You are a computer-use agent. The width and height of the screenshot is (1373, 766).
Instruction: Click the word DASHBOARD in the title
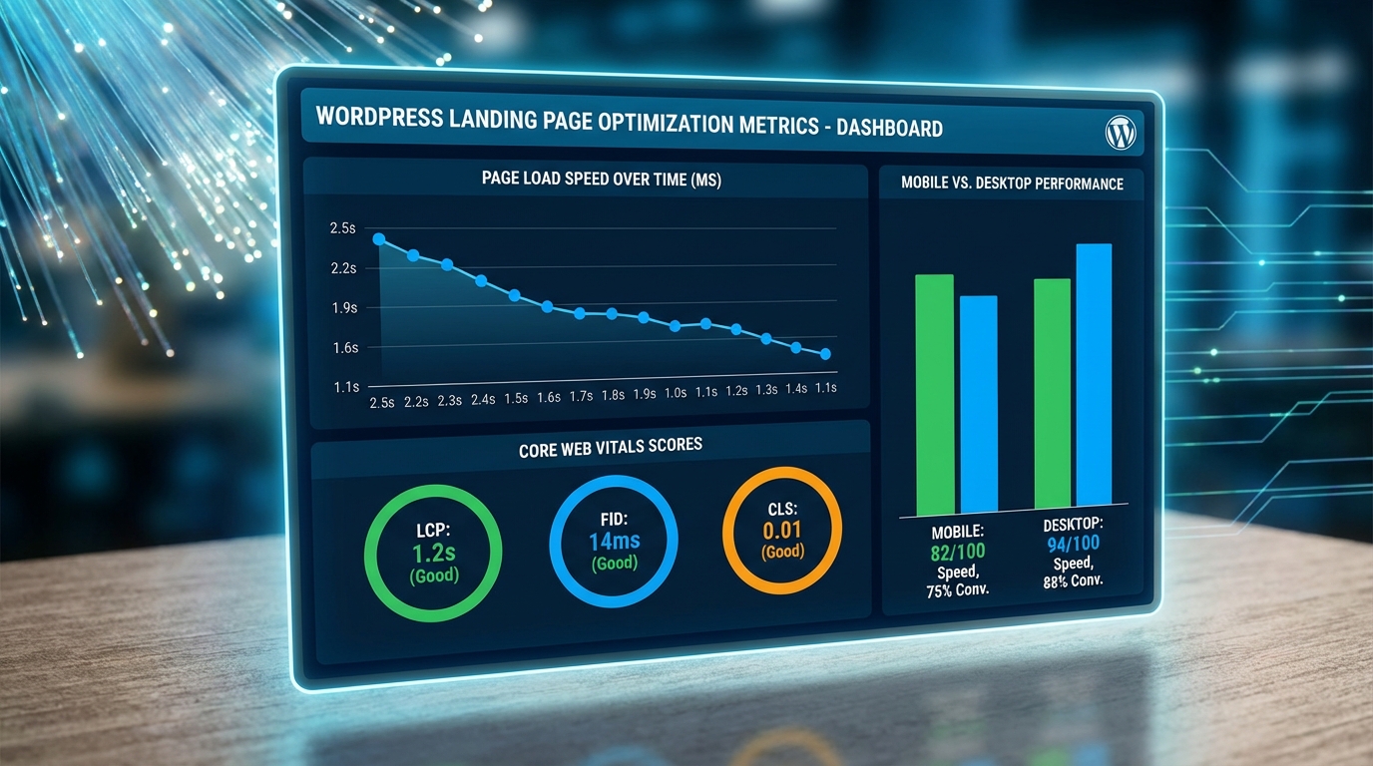pyautogui.click(x=889, y=128)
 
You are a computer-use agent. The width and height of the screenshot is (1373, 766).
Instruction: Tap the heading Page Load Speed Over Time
pyautogui.click(x=601, y=179)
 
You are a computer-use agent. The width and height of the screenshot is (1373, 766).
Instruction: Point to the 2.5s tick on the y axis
pyautogui.click(x=342, y=228)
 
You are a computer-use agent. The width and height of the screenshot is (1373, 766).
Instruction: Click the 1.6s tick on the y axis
pyautogui.click(x=344, y=348)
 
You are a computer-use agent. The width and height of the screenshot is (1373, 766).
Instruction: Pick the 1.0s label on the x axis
pyautogui.click(x=675, y=393)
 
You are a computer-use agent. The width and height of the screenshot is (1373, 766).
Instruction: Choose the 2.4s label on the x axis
pyautogui.click(x=482, y=399)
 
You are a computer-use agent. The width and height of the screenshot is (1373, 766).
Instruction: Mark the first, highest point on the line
pyautogui.click(x=379, y=239)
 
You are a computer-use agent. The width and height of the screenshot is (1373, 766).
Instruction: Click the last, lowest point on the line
pyautogui.click(x=825, y=354)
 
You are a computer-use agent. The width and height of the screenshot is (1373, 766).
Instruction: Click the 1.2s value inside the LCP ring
pyautogui.click(x=433, y=554)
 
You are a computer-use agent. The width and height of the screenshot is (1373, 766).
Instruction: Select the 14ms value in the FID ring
pyautogui.click(x=614, y=542)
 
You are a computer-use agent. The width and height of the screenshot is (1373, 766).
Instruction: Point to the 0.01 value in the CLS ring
pyautogui.click(x=782, y=530)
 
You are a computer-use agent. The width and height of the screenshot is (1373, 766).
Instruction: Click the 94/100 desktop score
pyautogui.click(x=1073, y=543)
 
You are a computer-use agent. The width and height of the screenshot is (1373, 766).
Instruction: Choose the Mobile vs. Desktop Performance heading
pyautogui.click(x=1012, y=184)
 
